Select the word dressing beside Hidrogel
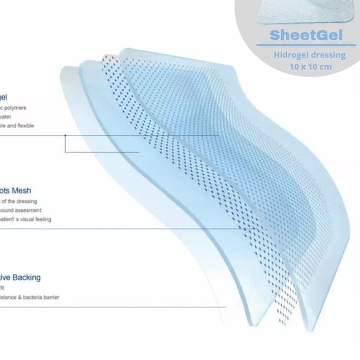[328, 55]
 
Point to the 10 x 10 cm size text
[310, 67]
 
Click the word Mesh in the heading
[21, 191]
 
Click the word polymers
[15, 108]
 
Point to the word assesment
[29, 211]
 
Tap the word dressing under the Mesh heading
[26, 201]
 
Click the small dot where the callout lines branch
[65, 135]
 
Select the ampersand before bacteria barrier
[20, 297]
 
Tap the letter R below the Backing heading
[3, 288]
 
